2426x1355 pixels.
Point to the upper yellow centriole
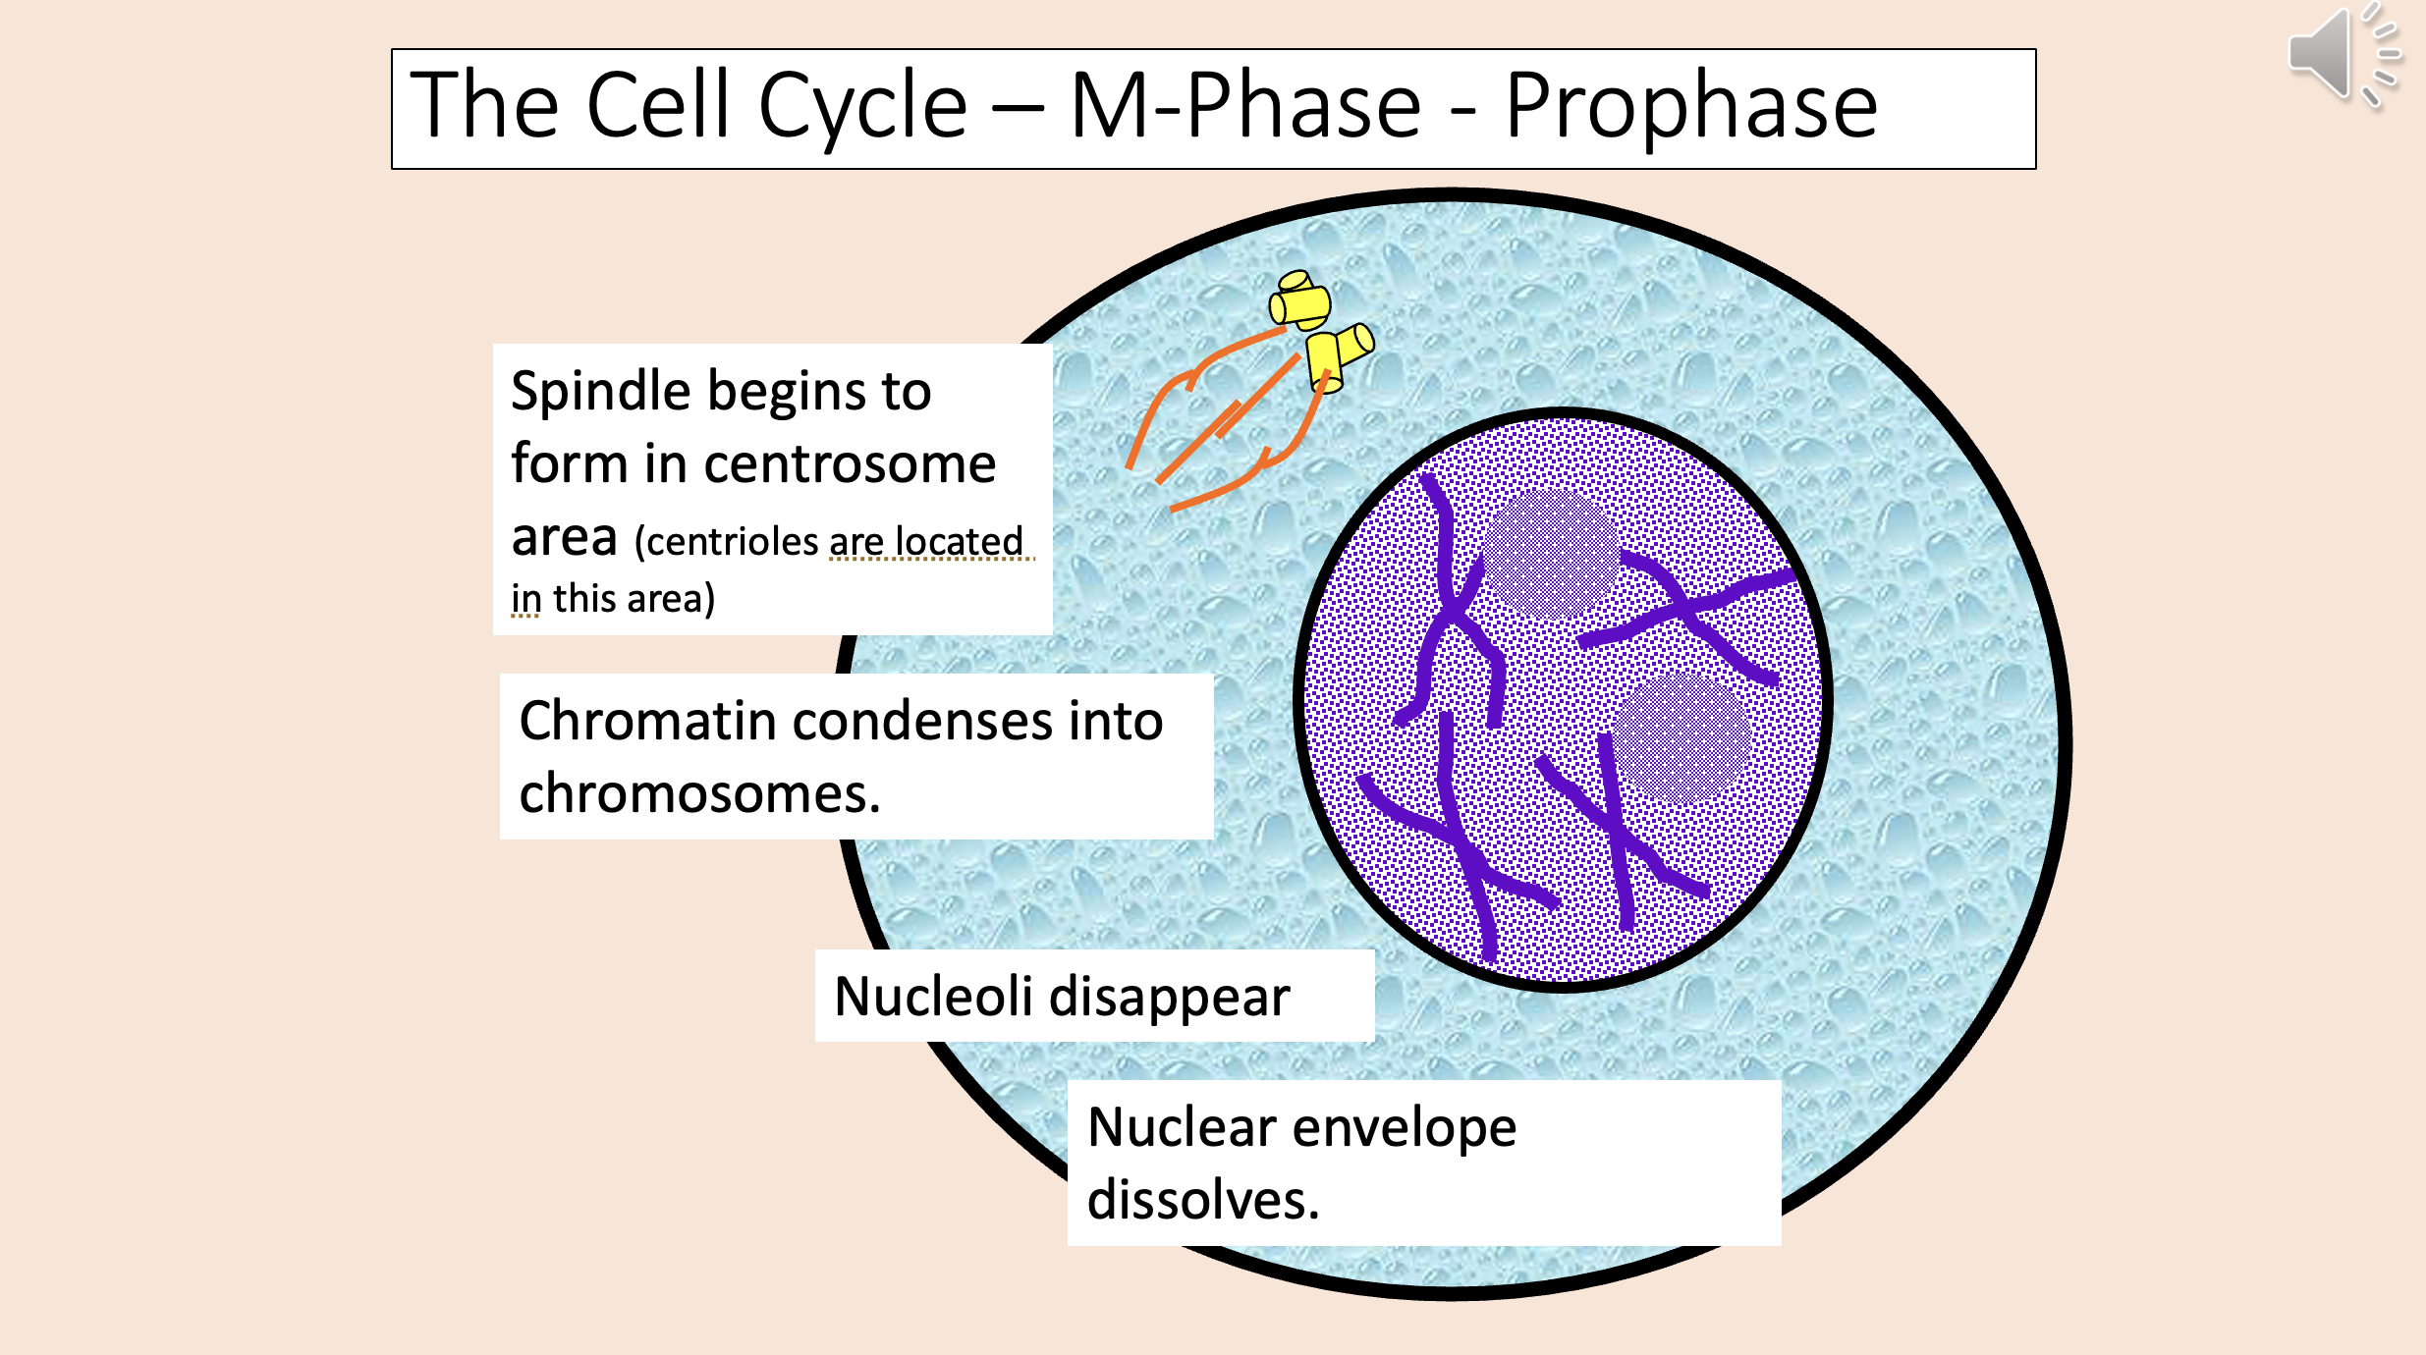point(1300,301)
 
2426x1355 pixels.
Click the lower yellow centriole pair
point(1338,356)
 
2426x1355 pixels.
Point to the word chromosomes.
point(698,793)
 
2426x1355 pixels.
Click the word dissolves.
point(1202,1200)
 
